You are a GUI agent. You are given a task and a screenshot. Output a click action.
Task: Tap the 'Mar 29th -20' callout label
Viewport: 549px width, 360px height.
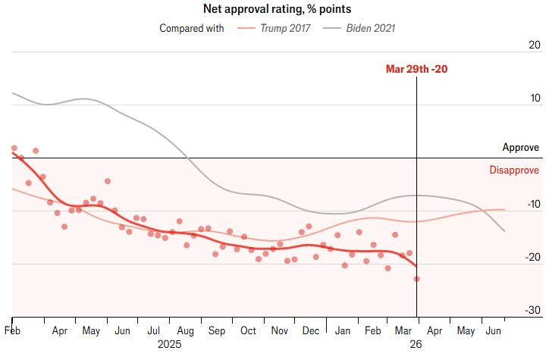point(416,69)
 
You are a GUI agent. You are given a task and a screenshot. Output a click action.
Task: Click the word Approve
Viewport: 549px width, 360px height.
point(520,148)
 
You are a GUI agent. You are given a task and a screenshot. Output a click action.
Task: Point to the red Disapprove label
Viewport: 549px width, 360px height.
point(514,170)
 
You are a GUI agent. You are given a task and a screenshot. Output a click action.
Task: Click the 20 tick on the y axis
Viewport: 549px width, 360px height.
point(534,45)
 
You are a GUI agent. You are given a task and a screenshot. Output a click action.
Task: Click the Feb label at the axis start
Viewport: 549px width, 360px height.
point(13,331)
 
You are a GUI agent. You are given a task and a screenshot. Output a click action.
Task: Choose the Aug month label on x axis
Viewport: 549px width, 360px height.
point(185,331)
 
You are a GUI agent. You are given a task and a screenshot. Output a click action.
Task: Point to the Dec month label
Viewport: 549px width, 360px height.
point(310,331)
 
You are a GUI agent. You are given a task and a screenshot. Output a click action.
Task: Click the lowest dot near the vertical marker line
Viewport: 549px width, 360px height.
point(416,279)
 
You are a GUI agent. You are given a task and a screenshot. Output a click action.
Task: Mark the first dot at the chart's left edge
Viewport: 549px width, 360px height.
point(14,149)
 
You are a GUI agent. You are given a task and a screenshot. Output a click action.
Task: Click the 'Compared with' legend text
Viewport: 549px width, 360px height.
point(192,29)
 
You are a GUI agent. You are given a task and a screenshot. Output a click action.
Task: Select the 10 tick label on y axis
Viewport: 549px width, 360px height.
point(534,99)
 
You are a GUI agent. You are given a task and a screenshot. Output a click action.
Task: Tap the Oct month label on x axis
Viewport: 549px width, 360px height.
point(248,331)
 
